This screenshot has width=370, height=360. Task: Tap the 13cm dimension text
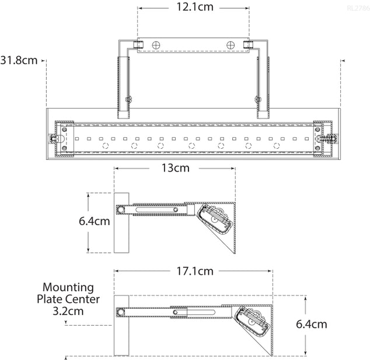[x=174, y=168]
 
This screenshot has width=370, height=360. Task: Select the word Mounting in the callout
[x=68, y=287]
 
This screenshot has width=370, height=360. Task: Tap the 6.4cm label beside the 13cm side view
[x=94, y=222]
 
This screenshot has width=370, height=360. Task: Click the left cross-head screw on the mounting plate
[x=156, y=46]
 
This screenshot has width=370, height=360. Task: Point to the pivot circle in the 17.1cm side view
[x=121, y=313]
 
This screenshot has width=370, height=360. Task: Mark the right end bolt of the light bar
[x=332, y=139]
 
